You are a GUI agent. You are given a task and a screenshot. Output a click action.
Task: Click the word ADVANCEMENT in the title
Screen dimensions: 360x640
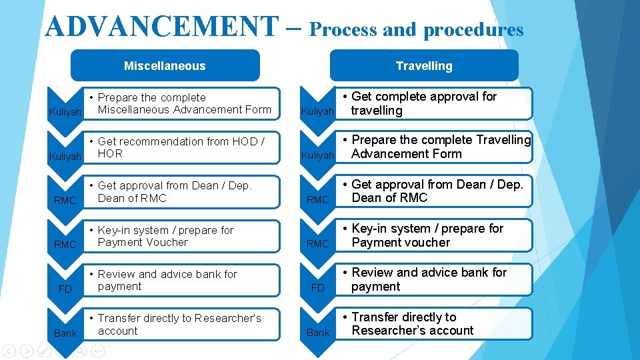point(161,27)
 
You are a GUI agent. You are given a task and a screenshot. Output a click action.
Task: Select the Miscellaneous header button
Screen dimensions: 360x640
point(165,65)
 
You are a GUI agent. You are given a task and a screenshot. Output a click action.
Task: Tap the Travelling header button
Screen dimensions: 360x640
point(424,65)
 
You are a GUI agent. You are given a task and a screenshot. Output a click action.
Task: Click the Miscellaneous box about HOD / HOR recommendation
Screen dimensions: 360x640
point(181,147)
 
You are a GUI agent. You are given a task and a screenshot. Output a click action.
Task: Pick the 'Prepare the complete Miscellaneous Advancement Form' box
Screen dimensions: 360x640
point(181,103)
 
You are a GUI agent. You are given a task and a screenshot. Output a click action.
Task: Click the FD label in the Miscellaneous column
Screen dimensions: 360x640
point(65,289)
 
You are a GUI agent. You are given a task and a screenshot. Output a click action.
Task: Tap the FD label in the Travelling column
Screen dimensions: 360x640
point(318,288)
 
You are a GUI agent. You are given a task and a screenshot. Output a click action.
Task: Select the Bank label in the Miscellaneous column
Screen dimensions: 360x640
point(65,333)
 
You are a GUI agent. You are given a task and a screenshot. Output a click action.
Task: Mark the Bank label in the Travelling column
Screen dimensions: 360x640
point(318,332)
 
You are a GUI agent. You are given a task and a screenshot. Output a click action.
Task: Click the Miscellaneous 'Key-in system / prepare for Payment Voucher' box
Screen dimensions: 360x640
point(181,236)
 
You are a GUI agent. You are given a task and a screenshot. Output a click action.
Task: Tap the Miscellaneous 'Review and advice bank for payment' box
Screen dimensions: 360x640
point(181,280)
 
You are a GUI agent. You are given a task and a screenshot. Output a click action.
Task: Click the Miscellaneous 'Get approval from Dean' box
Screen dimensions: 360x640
point(181,192)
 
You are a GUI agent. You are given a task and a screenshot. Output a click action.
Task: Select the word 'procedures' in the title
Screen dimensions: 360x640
point(473,30)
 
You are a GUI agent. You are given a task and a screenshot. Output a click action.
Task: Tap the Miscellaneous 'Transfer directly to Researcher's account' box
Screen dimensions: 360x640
point(181,324)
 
